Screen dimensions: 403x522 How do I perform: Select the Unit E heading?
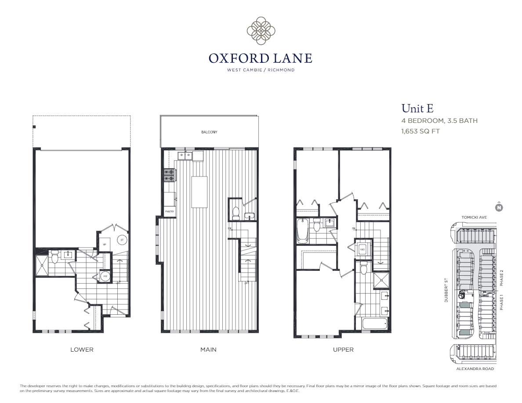click(417, 108)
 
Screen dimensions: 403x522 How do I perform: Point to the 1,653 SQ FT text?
click(420, 131)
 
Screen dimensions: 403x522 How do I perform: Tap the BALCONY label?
click(209, 132)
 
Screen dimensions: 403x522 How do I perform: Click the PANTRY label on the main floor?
click(170, 212)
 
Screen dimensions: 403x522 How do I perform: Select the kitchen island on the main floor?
click(199, 192)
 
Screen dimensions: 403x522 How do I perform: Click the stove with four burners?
click(169, 176)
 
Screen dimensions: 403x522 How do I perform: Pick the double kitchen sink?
click(184, 155)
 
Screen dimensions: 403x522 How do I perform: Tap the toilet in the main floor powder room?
click(236, 213)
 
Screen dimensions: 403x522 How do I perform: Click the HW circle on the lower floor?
click(105, 277)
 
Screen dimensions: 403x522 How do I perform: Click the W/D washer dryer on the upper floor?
click(362, 250)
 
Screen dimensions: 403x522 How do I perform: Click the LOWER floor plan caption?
click(82, 349)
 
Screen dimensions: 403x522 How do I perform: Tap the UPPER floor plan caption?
click(343, 349)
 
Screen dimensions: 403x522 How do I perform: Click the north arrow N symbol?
click(499, 207)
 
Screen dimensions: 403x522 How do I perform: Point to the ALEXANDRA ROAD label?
click(475, 369)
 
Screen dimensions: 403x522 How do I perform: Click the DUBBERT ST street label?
click(446, 290)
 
